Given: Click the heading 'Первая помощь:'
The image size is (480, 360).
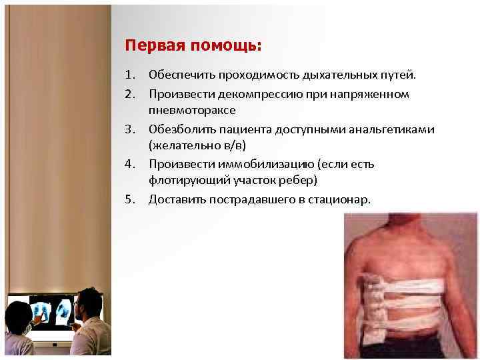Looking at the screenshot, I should [193, 46].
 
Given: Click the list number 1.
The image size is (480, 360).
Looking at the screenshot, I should [129, 77].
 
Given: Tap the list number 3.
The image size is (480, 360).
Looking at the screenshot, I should [129, 129].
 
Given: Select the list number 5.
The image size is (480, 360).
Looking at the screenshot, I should [129, 199].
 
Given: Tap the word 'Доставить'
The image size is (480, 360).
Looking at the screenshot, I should [175, 199].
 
